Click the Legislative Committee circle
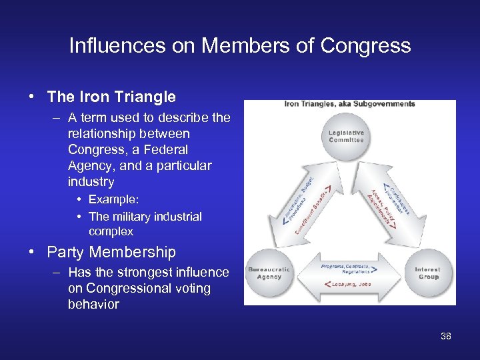coord(347,137)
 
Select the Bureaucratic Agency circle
coord(269,273)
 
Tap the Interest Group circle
coord(427,273)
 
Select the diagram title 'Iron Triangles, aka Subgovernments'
coord(349,104)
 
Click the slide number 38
coord(445,336)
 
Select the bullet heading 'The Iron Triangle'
coord(111,97)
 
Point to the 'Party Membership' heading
coord(111,252)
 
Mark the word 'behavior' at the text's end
coord(93,304)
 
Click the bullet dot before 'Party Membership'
coord(32,252)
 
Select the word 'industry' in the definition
coord(91,181)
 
